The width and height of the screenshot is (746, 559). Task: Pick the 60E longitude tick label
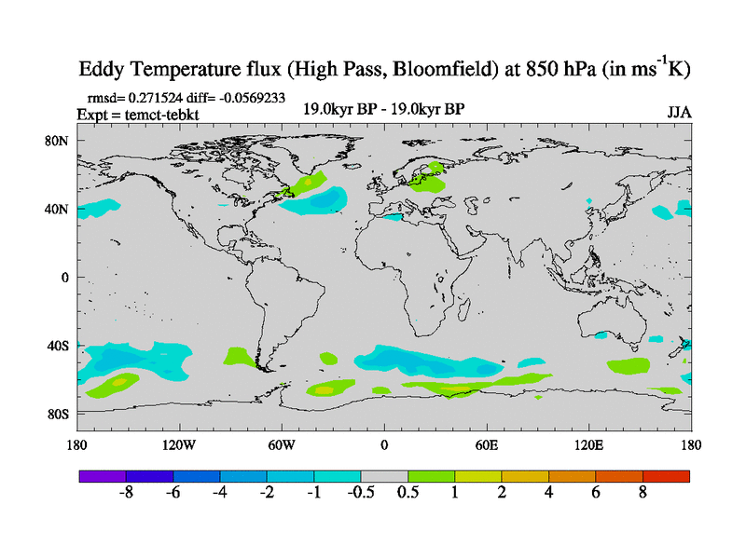click(487, 444)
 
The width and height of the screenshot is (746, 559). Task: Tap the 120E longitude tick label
click(589, 444)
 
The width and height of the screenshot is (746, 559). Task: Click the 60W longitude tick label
click(282, 444)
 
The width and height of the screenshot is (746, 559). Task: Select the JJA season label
click(678, 114)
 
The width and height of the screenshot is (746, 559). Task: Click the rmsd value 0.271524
click(150, 96)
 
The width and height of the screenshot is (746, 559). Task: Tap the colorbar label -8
click(127, 493)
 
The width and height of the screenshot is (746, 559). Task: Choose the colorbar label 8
click(642, 493)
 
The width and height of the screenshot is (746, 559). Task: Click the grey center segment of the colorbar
click(384, 476)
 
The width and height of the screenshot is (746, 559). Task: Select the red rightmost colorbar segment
click(666, 476)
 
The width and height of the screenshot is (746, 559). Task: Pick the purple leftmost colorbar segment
click(103, 476)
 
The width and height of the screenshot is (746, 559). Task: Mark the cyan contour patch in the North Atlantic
click(317, 200)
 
